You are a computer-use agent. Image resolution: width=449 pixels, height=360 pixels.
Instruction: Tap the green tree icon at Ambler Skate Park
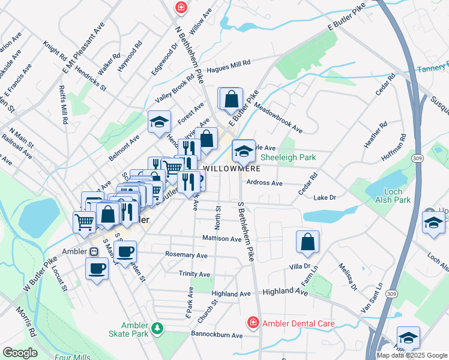click(157, 328)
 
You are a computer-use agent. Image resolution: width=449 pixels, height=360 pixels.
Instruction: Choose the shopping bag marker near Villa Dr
click(307, 242)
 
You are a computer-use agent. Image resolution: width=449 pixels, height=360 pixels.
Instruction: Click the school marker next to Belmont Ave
click(159, 122)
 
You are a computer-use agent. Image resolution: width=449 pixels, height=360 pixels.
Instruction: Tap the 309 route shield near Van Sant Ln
click(391, 293)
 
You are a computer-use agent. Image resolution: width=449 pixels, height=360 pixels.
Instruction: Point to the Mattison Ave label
click(221, 239)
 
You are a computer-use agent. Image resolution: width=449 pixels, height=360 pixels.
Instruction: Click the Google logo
click(20, 353)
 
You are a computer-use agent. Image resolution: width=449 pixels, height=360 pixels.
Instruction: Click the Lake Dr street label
click(324, 197)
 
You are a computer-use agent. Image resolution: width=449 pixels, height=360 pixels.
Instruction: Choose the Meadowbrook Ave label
click(277, 117)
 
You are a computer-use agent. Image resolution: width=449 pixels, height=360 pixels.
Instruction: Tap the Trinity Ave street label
click(194, 274)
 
